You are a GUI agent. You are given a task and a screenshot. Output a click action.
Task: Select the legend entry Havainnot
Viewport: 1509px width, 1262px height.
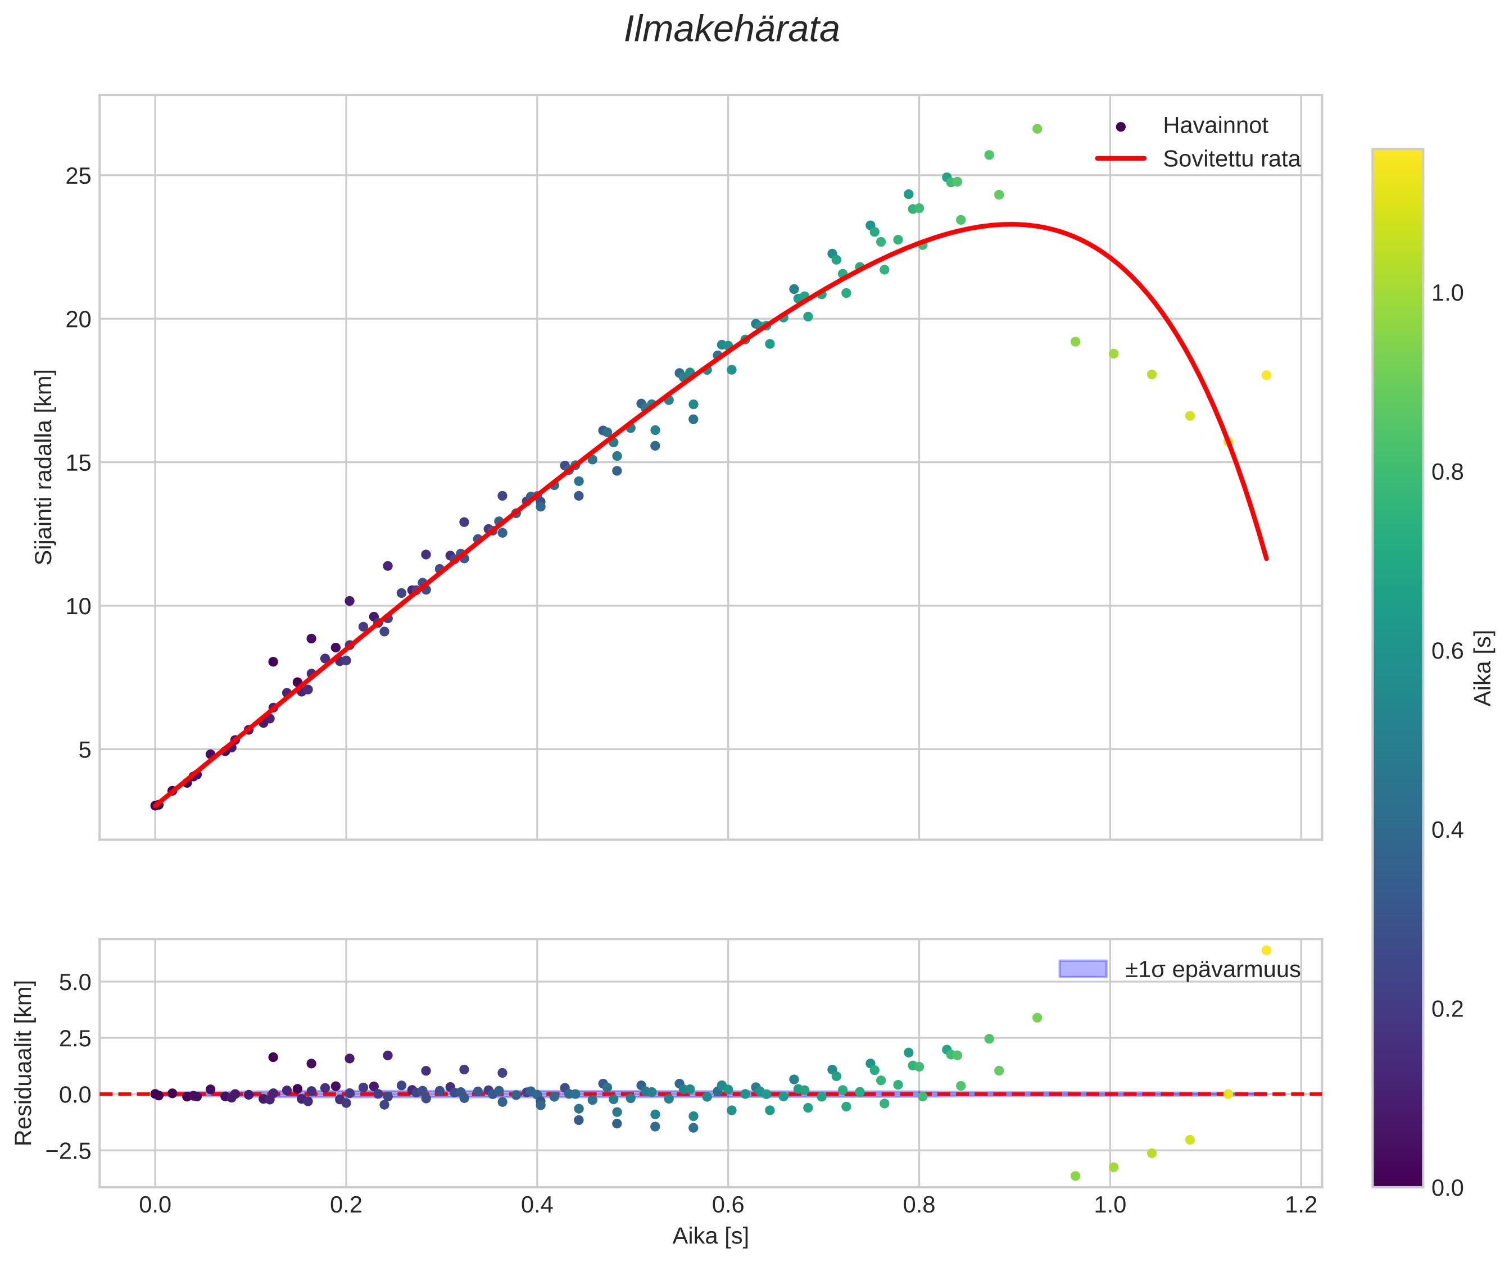pyautogui.click(x=1215, y=126)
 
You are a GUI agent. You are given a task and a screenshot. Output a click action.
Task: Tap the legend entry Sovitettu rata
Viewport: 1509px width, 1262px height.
pyautogui.click(x=1231, y=159)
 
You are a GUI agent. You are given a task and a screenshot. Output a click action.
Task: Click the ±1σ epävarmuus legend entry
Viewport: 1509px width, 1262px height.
pyautogui.click(x=1212, y=970)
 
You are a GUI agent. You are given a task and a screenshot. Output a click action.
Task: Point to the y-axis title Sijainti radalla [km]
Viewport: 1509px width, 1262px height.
pyautogui.click(x=44, y=467)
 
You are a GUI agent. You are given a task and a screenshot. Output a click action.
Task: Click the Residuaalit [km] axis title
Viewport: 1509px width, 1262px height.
pyautogui.click(x=24, y=1063)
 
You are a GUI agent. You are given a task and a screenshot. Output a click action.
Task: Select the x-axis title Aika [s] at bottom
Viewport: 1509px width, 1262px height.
pyautogui.click(x=710, y=1236)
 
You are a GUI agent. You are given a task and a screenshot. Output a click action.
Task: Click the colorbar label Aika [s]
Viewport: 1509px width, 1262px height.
pyautogui.click(x=1483, y=668)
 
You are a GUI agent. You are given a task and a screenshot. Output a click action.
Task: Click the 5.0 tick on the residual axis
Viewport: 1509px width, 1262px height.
pyautogui.click(x=75, y=982)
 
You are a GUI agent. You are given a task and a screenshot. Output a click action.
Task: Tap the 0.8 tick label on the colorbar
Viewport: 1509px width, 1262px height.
pyautogui.click(x=1447, y=472)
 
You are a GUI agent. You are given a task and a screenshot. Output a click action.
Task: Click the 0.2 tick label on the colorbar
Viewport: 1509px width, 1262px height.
pyautogui.click(x=1447, y=1009)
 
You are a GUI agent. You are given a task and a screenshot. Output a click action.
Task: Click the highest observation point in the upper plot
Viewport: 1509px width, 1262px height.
pyautogui.click(x=1037, y=129)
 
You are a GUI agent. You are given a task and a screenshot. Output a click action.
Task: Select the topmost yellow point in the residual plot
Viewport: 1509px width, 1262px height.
pyautogui.click(x=1266, y=950)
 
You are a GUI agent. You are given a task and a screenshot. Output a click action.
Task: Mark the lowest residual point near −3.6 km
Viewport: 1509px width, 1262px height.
pyautogui.click(x=1075, y=1176)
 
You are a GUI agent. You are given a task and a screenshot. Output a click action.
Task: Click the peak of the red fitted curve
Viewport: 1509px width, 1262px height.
pyautogui.click(x=1011, y=224)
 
